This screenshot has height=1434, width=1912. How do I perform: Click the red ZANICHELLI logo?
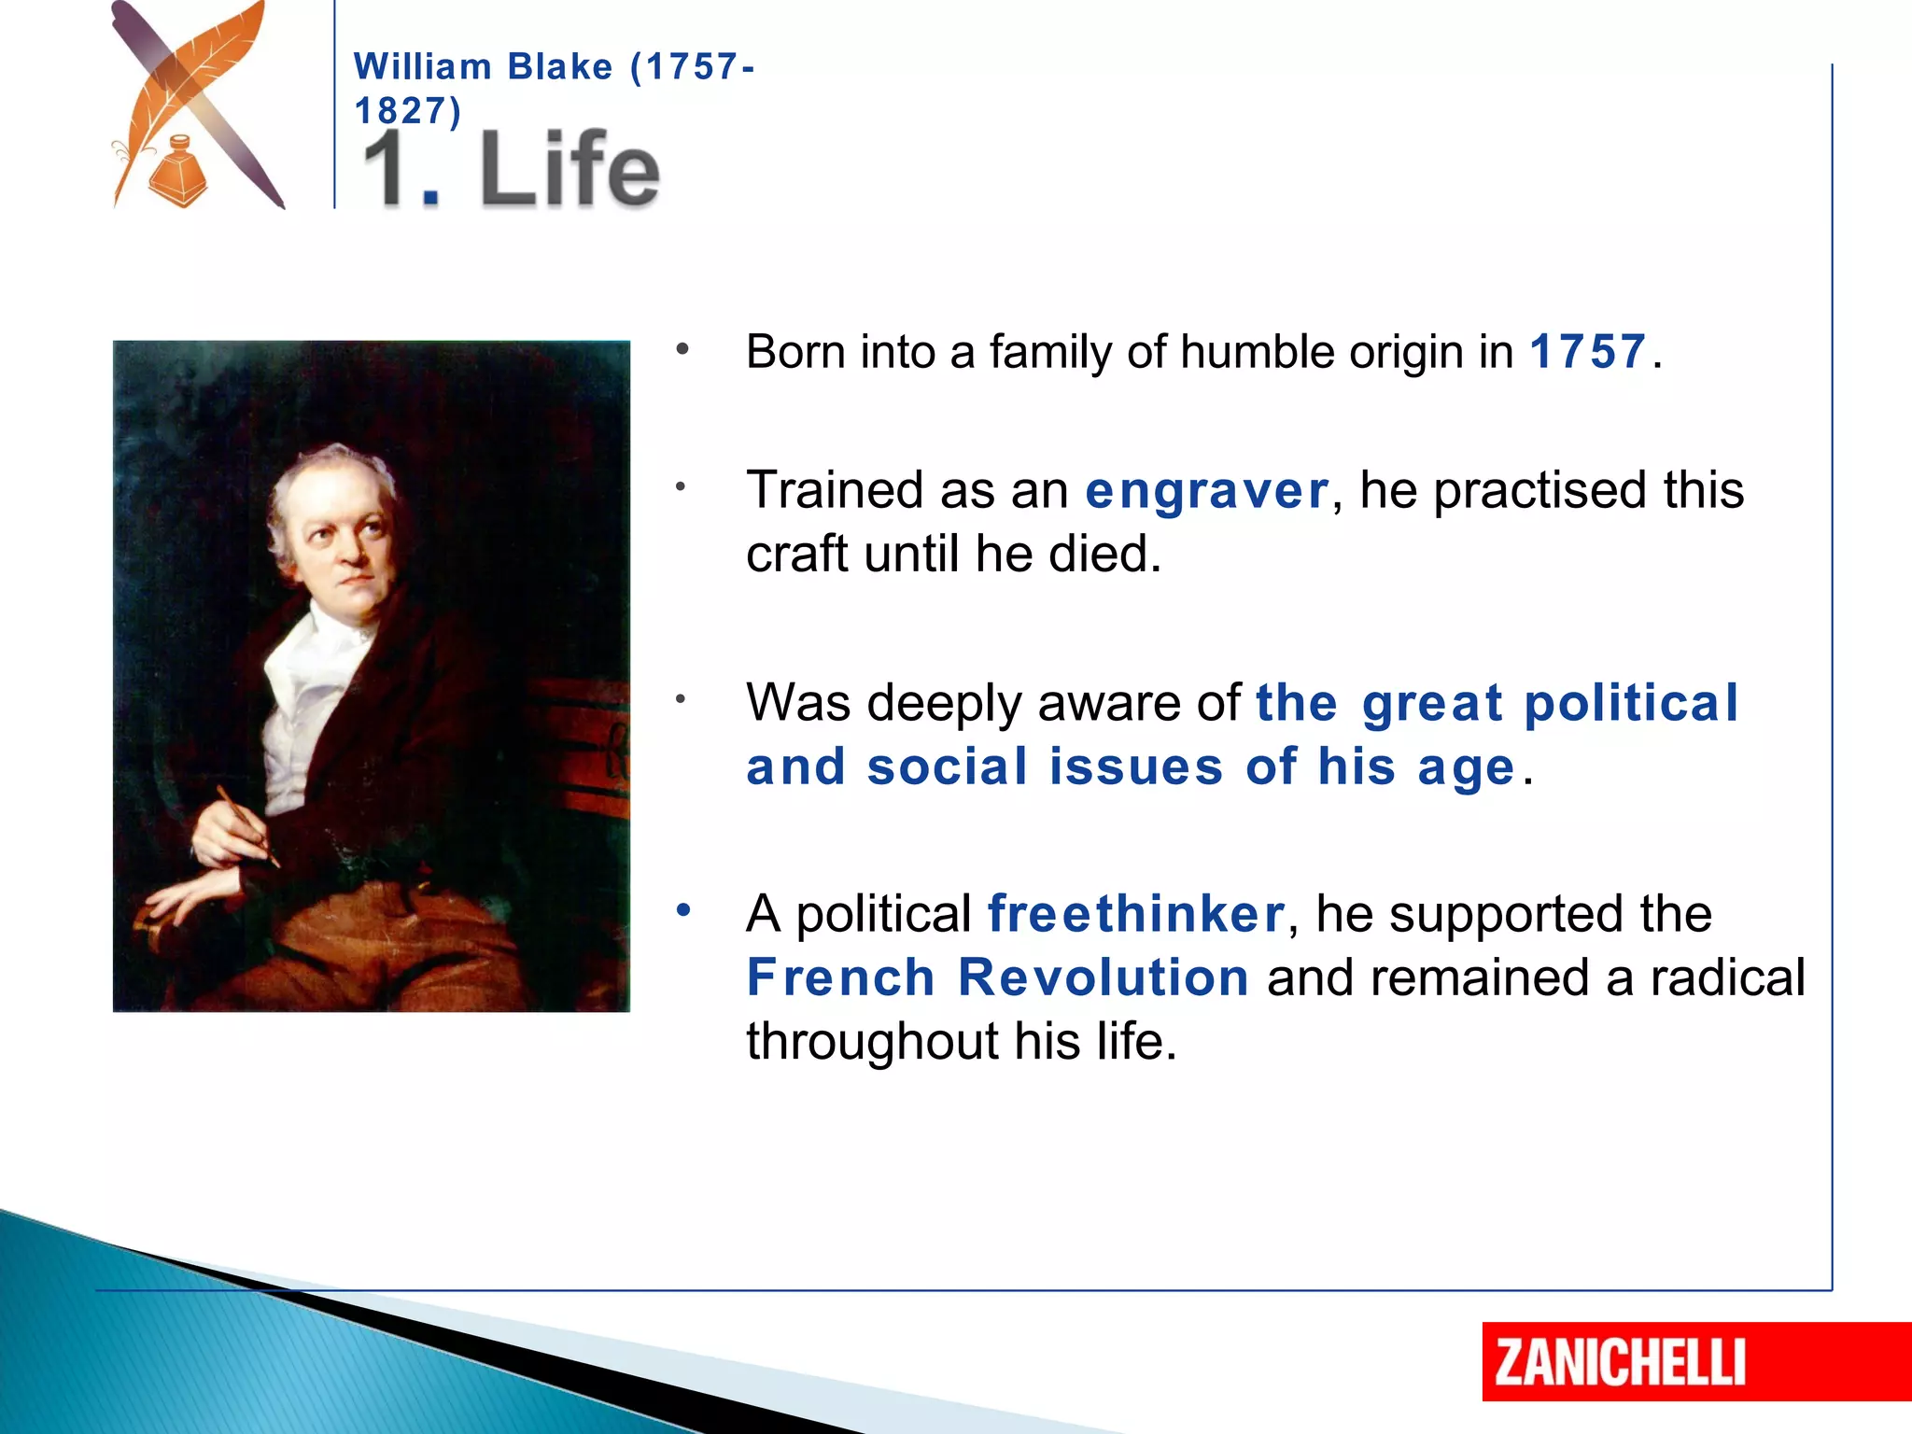point(1620,1362)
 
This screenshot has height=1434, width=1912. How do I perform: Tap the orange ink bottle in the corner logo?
point(177,173)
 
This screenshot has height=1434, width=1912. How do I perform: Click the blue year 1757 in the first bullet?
point(1587,352)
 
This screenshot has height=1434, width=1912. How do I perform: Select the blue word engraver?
point(1206,490)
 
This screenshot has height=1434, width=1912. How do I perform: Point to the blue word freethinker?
point(1136,913)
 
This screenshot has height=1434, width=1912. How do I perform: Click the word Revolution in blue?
point(1103,977)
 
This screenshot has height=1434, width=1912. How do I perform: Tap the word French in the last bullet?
point(840,977)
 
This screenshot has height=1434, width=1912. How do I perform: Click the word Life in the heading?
point(569,170)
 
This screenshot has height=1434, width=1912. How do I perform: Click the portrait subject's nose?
point(352,549)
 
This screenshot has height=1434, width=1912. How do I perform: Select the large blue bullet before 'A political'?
point(683,909)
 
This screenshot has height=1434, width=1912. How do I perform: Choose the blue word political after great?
point(1630,703)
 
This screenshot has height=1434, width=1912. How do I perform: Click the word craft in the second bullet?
point(798,554)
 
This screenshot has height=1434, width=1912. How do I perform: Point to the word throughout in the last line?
point(872,1041)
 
